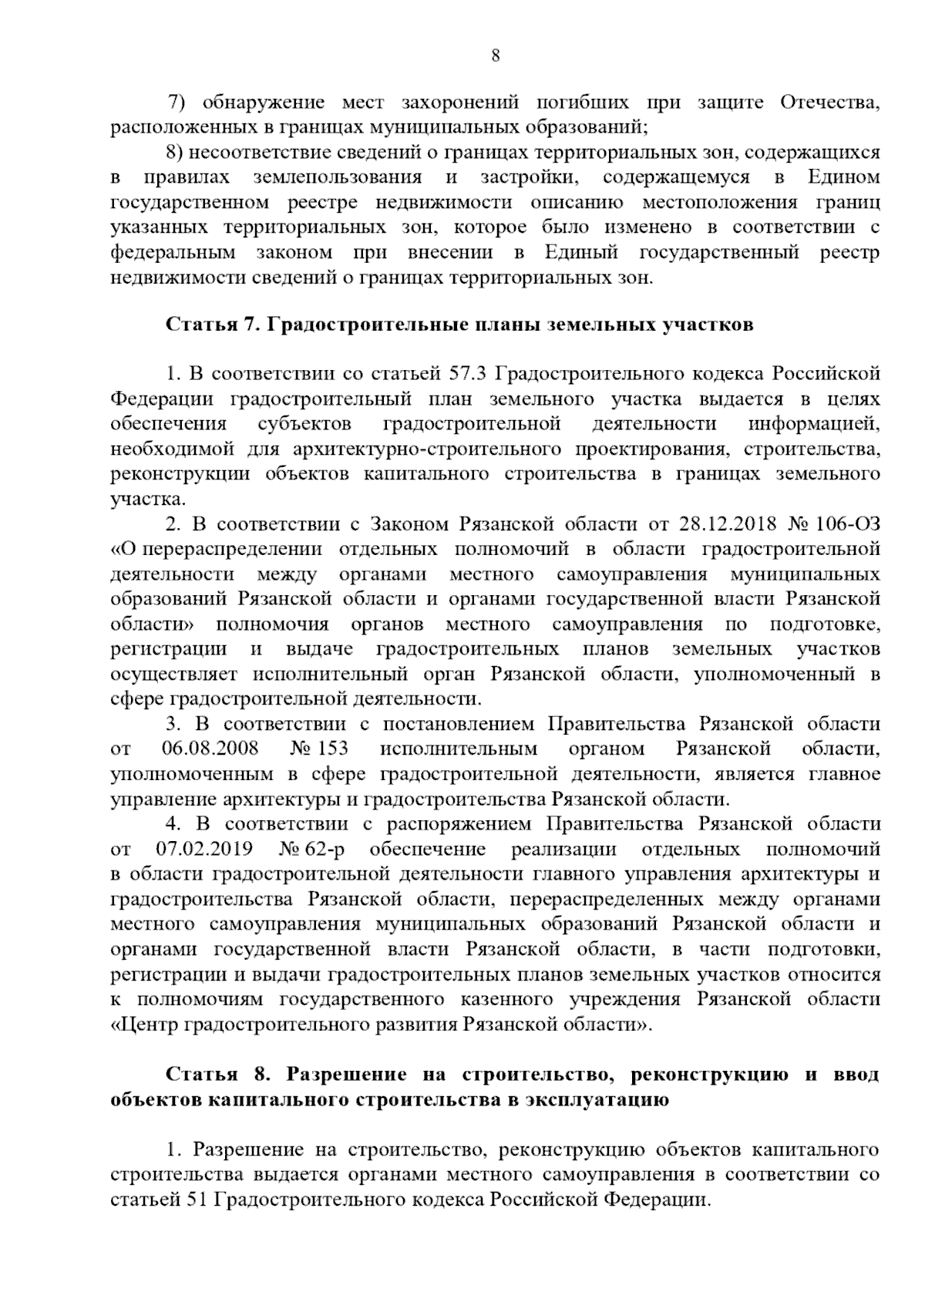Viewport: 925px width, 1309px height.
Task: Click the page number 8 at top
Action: (x=496, y=55)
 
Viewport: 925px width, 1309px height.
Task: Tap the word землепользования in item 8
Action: (x=337, y=177)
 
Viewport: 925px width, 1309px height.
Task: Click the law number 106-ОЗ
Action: (x=846, y=524)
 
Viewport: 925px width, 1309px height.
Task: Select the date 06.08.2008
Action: (x=210, y=749)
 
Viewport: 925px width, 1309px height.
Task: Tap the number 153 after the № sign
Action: (x=332, y=749)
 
